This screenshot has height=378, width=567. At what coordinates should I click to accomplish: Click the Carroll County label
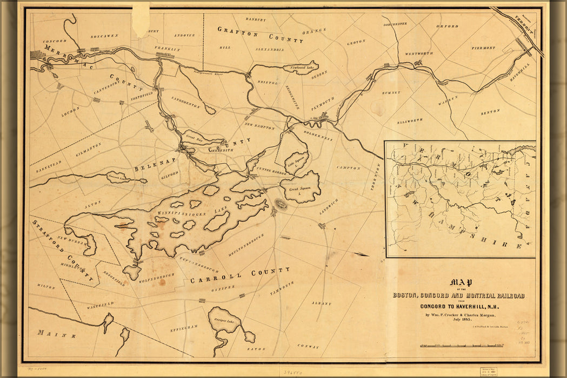[239, 275]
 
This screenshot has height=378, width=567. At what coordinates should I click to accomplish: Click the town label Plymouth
[323, 104]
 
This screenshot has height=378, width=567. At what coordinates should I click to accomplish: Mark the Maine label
[52, 333]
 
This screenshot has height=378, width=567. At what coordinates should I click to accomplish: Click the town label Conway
[308, 346]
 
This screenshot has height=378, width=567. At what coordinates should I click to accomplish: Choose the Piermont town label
[483, 48]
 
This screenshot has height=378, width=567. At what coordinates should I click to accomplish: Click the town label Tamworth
[282, 287]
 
